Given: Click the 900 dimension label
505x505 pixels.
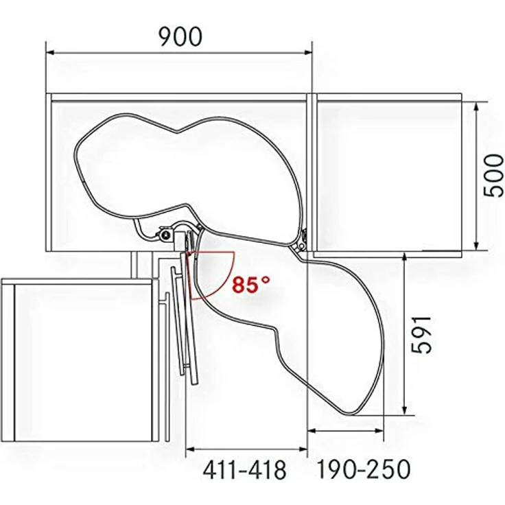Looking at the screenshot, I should point(180,36).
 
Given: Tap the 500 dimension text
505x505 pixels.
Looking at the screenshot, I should point(493,176).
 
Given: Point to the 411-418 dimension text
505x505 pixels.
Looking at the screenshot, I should point(244,470).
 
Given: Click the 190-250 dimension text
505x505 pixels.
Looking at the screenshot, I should point(363,470).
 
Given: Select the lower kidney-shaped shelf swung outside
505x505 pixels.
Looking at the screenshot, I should point(322,322).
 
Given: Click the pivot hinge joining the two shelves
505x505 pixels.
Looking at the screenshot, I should point(301,244).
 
